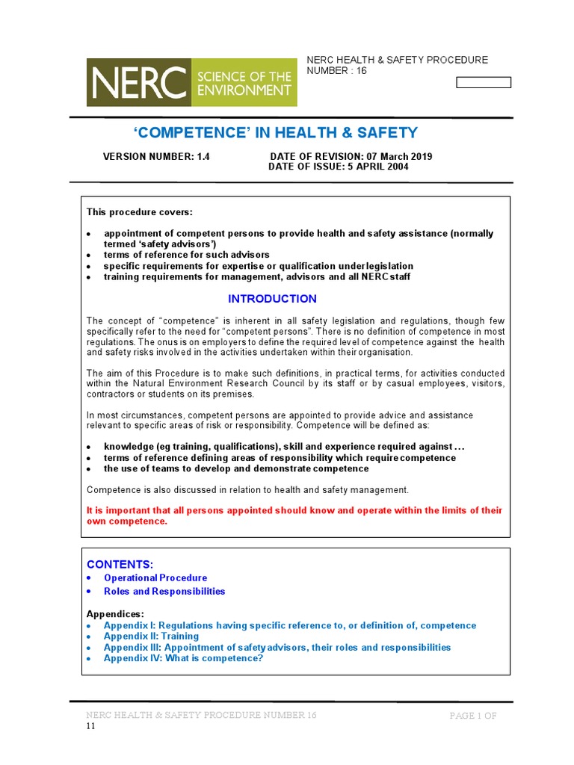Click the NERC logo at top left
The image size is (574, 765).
[191, 82]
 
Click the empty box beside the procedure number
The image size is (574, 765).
[484, 83]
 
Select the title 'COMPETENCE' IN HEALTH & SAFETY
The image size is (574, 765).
[276, 133]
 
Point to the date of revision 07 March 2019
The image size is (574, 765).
[351, 157]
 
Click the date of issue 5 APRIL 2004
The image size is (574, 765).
[339, 167]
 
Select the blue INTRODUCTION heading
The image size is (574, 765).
[272, 299]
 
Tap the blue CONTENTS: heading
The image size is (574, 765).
[120, 563]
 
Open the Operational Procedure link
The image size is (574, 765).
[155, 577]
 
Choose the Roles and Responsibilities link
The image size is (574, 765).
[164, 591]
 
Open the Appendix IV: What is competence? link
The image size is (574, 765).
[183, 658]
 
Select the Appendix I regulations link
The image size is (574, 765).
[289, 625]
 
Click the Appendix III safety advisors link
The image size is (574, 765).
[277, 647]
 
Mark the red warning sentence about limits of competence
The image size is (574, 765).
[294, 515]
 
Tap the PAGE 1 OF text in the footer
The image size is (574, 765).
[472, 716]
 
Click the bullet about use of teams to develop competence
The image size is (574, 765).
[235, 468]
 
